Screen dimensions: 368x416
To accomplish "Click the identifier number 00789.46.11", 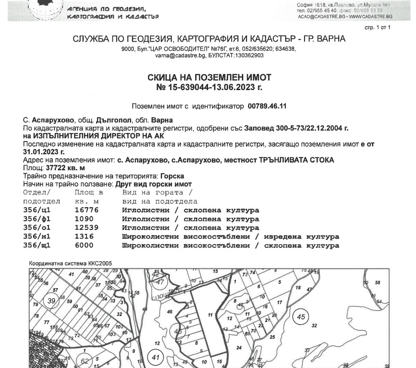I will click(x=267, y=106).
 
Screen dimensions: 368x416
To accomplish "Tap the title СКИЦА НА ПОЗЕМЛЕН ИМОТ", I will click(x=209, y=78).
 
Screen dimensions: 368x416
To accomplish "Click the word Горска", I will click(x=173, y=176).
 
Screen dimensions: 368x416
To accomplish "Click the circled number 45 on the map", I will click(x=300, y=318).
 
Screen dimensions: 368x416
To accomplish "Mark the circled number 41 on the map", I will click(x=155, y=357).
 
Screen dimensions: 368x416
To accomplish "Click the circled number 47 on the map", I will click(x=160, y=282).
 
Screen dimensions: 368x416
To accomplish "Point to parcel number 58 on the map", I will click(x=377, y=283).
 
